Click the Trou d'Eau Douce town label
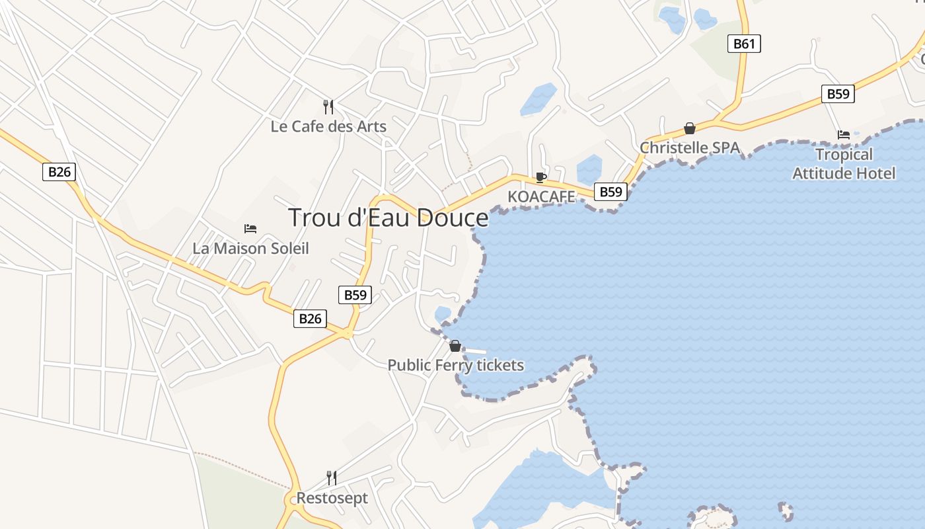click(388, 218)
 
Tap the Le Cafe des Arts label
click(328, 126)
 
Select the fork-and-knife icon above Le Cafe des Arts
click(328, 106)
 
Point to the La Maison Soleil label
click(250, 249)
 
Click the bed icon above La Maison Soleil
click(250, 229)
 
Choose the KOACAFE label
click(541, 196)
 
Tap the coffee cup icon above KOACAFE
click(541, 177)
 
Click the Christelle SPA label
click(690, 147)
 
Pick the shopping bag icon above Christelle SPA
click(690, 128)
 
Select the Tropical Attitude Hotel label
click(844, 163)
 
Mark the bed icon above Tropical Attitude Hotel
click(844, 135)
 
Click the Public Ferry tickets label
click(455, 365)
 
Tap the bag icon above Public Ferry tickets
click(455, 346)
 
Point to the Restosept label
click(332, 498)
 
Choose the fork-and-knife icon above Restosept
click(332, 478)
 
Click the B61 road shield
click(744, 44)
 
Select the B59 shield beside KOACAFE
click(610, 192)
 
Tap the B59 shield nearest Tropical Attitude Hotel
click(838, 94)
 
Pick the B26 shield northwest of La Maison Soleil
click(59, 172)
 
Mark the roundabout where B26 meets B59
click(348, 335)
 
